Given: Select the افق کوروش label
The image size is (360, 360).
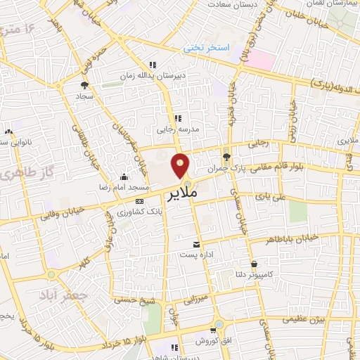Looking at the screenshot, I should pyautogui.click(x=210, y=341).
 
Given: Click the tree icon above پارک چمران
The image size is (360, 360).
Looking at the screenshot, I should pyautogui.click(x=226, y=157).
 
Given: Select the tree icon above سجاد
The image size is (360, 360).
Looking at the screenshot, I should pyautogui.click(x=84, y=86).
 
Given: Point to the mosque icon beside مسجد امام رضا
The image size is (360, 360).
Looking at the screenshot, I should pyautogui.click(x=124, y=176).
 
